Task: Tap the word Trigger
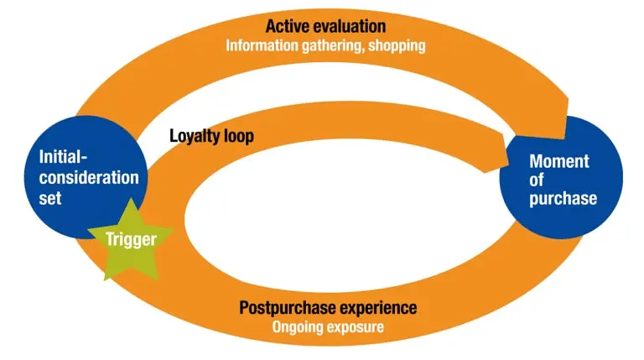(x=131, y=239)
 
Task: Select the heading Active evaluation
(x=325, y=26)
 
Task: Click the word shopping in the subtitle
(x=397, y=46)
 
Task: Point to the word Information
(x=262, y=45)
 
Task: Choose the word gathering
(x=333, y=46)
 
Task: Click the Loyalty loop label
(x=211, y=136)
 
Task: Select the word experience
(x=377, y=308)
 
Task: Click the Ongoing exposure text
(x=328, y=327)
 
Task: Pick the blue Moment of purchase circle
(x=561, y=178)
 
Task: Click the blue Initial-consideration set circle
(x=86, y=178)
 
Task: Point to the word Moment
(x=559, y=161)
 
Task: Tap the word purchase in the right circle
(x=563, y=199)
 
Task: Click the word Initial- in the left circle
(x=63, y=157)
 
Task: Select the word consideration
(x=89, y=178)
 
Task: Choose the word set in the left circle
(x=50, y=198)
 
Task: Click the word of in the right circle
(x=537, y=180)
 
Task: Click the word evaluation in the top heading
(x=349, y=26)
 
